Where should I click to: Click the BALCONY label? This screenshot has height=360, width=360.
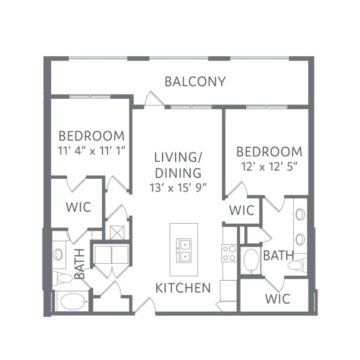195,81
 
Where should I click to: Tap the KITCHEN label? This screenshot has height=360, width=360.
182,288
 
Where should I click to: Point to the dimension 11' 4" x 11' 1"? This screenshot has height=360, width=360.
91,151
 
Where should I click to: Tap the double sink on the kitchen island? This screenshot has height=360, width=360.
183,249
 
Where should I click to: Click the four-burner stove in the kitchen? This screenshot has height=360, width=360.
229,252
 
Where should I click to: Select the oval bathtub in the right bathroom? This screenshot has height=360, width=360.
251,261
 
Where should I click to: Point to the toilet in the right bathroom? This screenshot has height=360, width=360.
296,266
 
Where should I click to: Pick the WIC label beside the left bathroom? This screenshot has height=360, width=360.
78,207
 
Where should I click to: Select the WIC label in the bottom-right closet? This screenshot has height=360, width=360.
277,299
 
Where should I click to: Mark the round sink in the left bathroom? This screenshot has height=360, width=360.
59,254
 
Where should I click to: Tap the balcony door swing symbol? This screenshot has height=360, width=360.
152,99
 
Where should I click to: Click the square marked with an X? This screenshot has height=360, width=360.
117,232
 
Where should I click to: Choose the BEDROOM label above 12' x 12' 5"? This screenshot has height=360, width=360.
269,152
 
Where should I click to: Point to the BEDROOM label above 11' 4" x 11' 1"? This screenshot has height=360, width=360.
91,136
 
